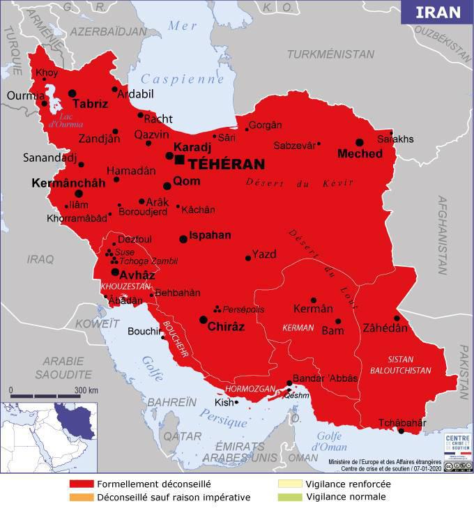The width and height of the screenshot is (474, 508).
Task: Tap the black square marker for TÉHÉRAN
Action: tap(180, 160)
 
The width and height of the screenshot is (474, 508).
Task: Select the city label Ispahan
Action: tap(210, 236)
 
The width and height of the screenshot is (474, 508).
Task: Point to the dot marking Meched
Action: tap(360, 141)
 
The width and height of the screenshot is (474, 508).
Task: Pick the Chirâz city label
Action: tap(227, 326)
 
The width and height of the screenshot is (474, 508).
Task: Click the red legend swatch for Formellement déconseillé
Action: tap(82, 484)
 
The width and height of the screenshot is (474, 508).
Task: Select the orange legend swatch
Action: tap(82, 497)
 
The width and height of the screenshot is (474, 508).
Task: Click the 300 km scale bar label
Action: tap(86, 390)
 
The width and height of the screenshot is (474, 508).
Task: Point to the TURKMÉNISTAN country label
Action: tap(330, 54)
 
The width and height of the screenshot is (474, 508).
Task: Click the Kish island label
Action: tap(224, 403)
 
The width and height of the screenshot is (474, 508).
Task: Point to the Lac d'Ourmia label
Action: tap(66, 121)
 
